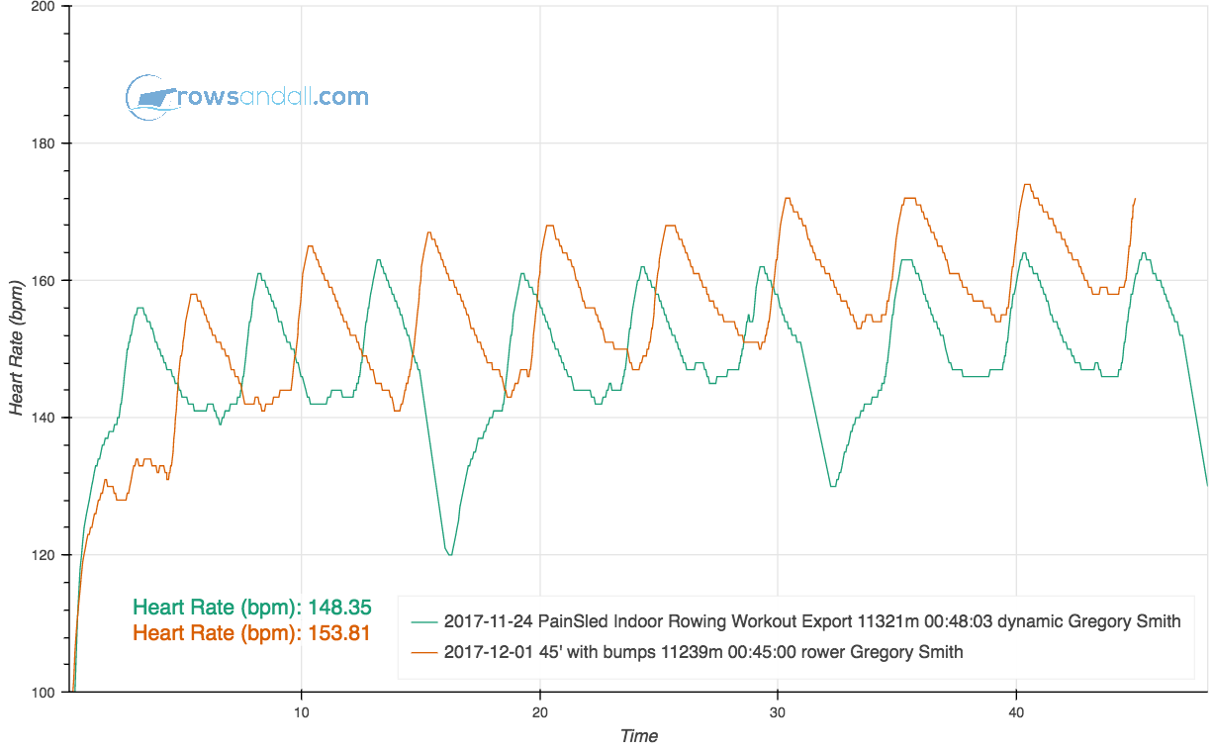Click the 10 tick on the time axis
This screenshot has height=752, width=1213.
[302, 710]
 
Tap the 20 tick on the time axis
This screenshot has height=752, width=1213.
[540, 710]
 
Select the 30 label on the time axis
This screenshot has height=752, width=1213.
[778, 710]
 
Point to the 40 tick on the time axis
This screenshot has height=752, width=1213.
[1016, 710]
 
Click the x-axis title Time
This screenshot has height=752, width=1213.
[638, 735]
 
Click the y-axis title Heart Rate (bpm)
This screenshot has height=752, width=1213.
[17, 348]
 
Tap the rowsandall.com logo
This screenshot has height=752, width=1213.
[247, 97]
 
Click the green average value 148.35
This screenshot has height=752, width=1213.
[339, 608]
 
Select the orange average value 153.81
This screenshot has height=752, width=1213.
[339, 633]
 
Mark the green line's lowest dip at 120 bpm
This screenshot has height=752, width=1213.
[450, 554]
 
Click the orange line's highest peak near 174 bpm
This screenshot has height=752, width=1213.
[1027, 185]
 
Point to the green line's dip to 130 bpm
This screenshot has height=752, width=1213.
[832, 485]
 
